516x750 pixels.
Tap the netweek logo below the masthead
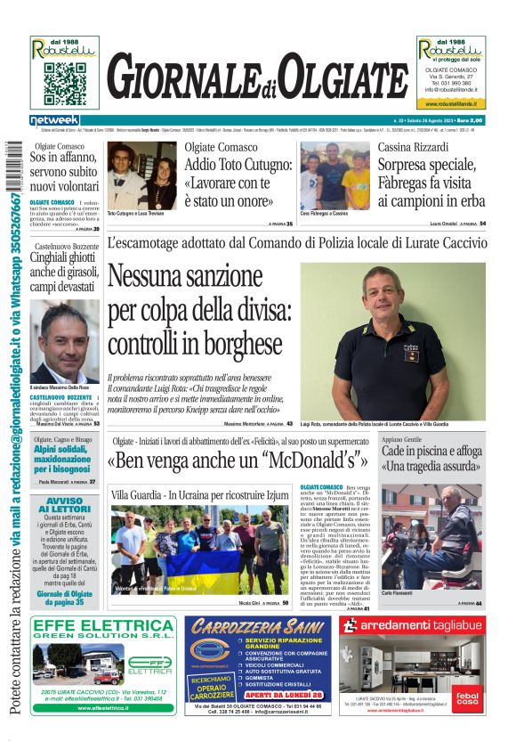(x=55, y=120)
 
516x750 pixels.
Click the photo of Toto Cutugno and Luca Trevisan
(x=142, y=175)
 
